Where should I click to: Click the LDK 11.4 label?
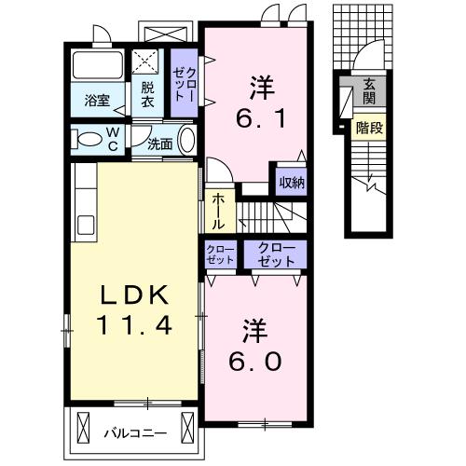(x=134, y=310)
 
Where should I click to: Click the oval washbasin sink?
(x=187, y=141)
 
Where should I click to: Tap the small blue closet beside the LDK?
(x=220, y=254)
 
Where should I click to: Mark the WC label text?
(x=111, y=139)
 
